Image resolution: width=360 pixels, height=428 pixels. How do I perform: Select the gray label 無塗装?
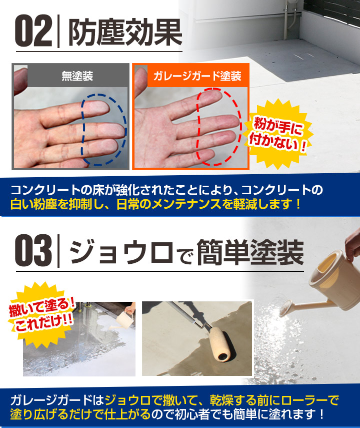click(77, 77)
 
